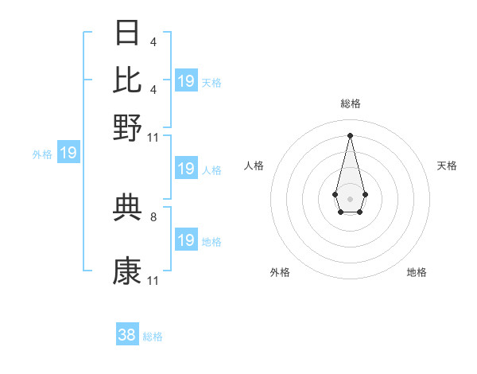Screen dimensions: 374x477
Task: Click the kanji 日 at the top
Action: point(127,33)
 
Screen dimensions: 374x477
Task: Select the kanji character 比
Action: point(127,80)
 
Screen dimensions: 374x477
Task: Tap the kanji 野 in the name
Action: point(127,128)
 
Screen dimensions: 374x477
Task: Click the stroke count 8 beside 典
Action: point(153,216)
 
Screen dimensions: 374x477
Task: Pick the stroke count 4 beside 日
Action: point(153,41)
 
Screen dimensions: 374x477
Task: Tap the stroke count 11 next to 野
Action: point(153,137)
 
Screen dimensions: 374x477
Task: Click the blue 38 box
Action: point(127,335)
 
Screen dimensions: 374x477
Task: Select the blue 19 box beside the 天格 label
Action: point(186,81)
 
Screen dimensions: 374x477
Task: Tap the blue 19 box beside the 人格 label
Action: point(186,169)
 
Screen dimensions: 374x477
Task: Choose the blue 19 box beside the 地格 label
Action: point(186,240)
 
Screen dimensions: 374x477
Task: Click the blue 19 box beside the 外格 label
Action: point(68,153)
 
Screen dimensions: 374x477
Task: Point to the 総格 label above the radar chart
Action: point(350,103)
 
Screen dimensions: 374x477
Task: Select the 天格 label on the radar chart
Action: point(447,166)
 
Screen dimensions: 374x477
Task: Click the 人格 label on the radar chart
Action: point(254,166)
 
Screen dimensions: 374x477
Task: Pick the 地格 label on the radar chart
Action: point(417,272)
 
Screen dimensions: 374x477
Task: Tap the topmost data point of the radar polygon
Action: point(350,134)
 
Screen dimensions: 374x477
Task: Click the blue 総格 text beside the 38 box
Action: point(153,337)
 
